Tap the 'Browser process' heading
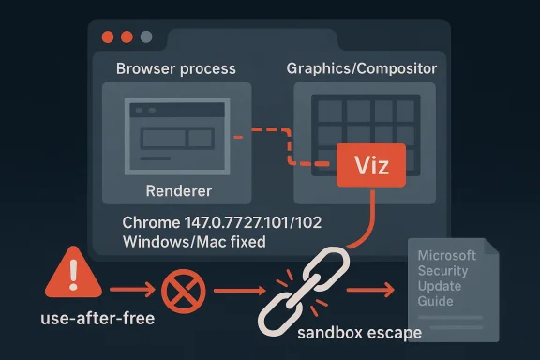coord(175,69)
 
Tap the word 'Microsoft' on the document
coord(446,256)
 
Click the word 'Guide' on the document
coord(436,301)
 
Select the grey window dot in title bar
coord(146,37)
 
